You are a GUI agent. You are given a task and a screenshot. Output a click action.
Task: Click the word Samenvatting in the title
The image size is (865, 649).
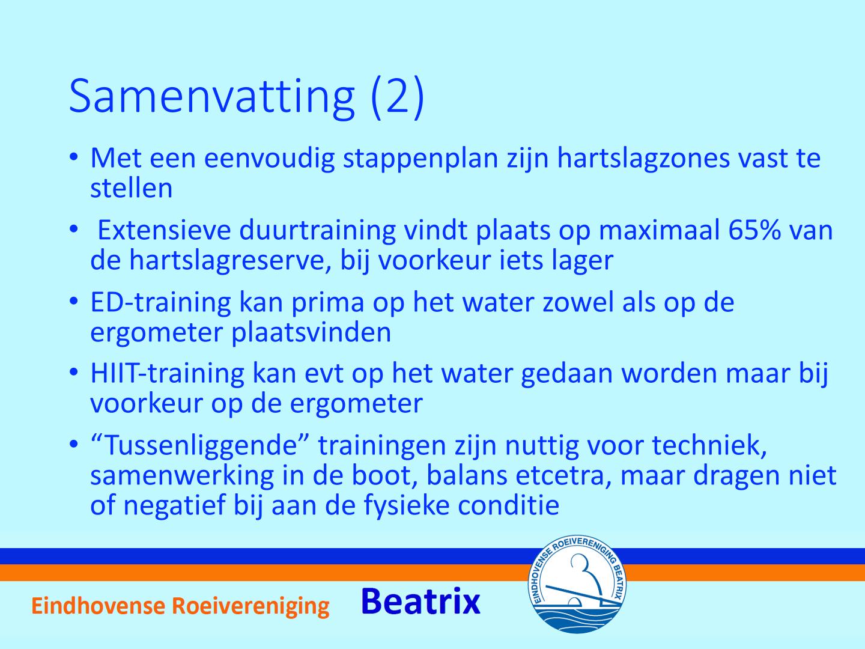[x=211, y=99]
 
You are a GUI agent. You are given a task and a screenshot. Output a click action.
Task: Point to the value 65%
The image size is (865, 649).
[x=754, y=231]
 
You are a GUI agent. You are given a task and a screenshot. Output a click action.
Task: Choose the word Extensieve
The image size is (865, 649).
[x=164, y=231]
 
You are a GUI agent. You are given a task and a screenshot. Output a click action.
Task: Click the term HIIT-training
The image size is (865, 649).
[x=168, y=375]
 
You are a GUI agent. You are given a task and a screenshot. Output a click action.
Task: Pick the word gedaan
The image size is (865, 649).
[x=566, y=375]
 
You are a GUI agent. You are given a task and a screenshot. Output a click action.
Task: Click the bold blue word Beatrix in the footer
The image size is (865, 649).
[x=420, y=602]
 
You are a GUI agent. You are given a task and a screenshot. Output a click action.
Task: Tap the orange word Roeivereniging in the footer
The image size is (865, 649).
[x=250, y=606]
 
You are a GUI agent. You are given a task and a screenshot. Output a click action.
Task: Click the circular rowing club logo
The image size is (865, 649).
[x=577, y=584]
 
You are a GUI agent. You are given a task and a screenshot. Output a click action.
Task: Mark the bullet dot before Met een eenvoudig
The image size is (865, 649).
[x=73, y=157]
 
